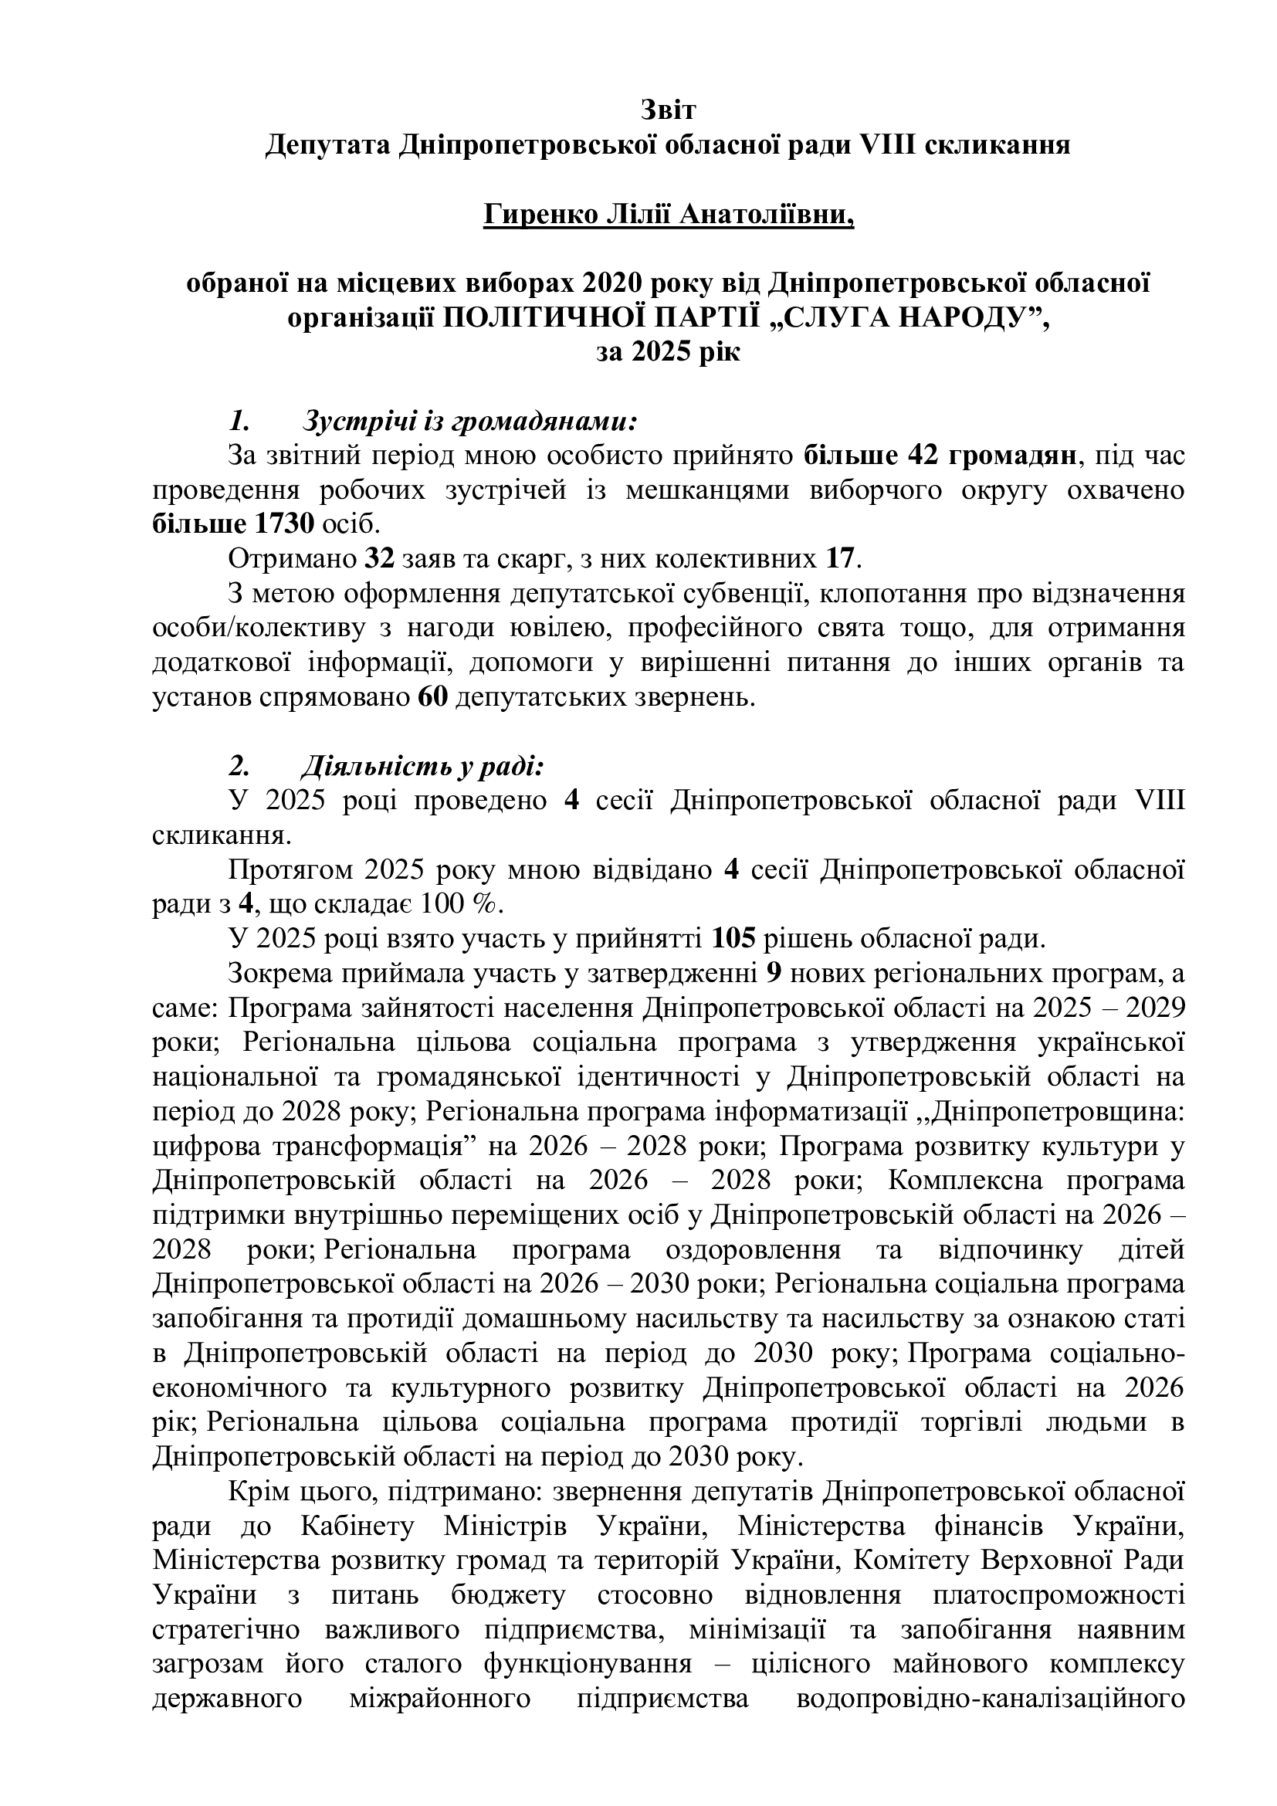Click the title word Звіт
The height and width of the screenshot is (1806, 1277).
click(668, 110)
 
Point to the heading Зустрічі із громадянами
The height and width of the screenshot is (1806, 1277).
click(469, 422)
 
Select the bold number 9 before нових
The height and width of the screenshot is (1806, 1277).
click(773, 974)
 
